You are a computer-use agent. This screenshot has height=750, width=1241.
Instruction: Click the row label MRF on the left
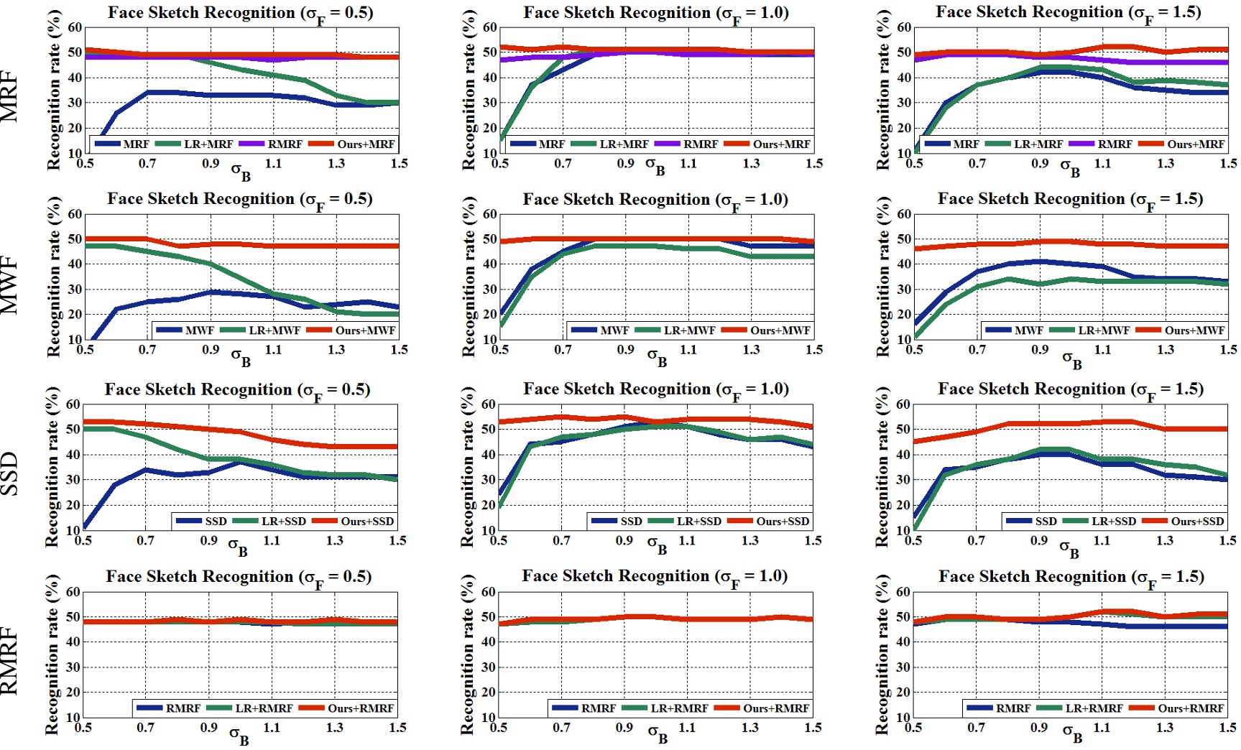9,96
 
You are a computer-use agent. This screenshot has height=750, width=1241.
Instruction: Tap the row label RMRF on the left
9,660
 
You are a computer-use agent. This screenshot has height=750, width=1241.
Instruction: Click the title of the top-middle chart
655,14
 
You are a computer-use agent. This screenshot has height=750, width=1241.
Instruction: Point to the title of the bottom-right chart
1071,577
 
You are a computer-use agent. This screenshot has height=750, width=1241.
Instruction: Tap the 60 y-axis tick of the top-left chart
75,27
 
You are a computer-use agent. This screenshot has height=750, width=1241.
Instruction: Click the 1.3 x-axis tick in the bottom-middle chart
749,727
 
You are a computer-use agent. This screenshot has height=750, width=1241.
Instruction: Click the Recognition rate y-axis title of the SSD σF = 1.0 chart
468,467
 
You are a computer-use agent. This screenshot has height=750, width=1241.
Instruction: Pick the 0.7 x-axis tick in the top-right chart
977,163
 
